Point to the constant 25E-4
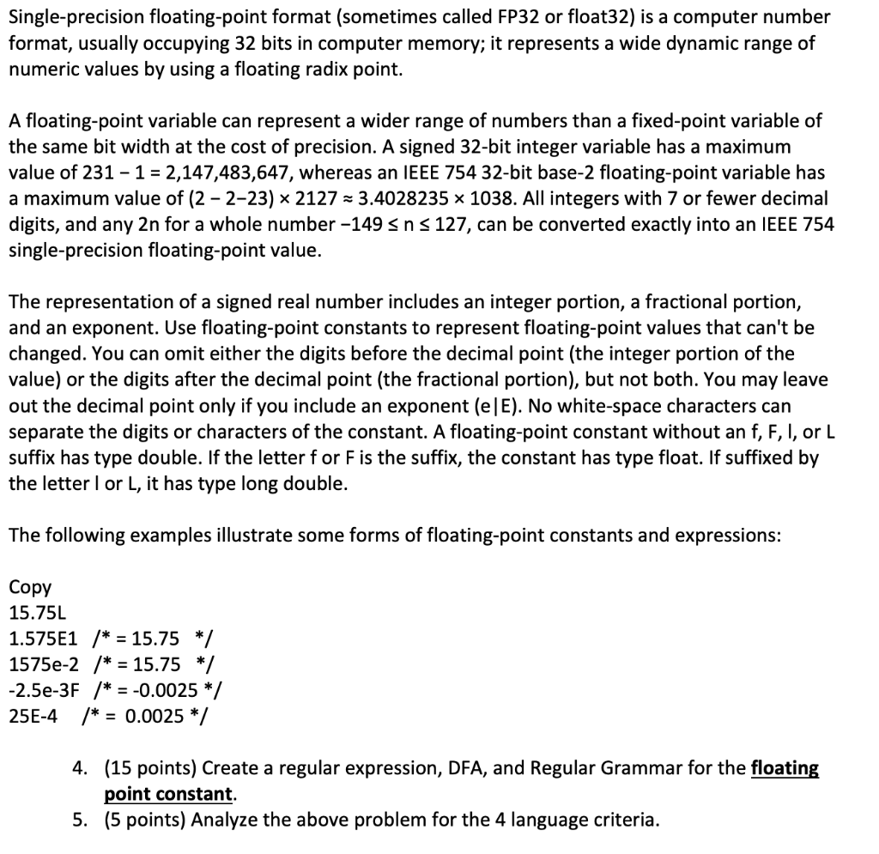[x=33, y=716]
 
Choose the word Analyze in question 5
[x=225, y=820]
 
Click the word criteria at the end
[x=627, y=820]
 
